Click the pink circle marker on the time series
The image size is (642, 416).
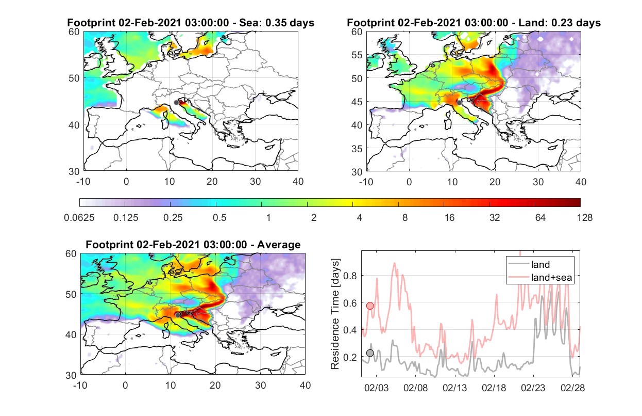370,306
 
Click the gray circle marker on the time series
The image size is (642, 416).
370,353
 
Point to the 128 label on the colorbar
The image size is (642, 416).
584,218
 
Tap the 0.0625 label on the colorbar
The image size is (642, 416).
79,218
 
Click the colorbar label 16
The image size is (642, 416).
449,218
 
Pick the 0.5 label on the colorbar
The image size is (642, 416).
219,218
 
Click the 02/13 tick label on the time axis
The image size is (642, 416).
454,388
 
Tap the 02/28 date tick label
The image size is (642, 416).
572,388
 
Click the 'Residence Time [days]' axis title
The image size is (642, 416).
335,314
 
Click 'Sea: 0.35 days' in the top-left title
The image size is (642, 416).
277,23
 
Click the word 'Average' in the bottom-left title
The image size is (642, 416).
279,245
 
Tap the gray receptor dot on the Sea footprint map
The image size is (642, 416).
177,103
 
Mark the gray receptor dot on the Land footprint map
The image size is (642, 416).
459,103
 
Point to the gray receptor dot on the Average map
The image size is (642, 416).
178,315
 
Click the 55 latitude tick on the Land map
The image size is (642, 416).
357,55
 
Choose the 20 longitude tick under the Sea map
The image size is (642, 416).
212,182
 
